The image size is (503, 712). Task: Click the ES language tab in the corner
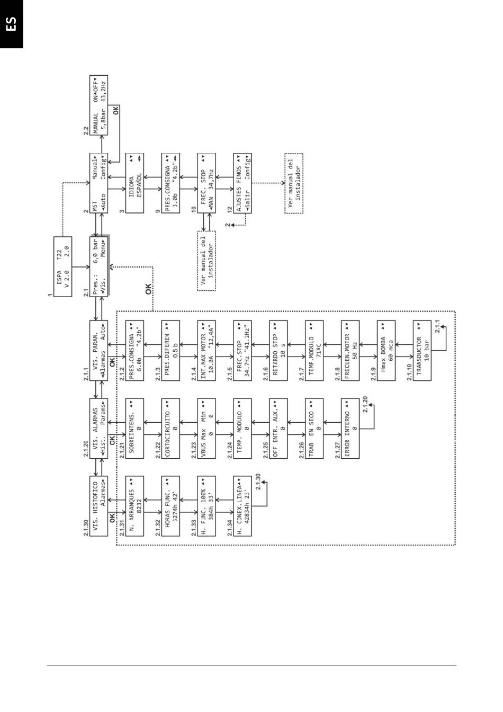pyautogui.click(x=11, y=23)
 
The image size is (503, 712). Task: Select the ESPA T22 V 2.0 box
pyautogui.click(x=62, y=272)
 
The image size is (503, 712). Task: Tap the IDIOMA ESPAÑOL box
pyautogui.click(x=135, y=183)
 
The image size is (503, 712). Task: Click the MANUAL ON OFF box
pyautogui.click(x=99, y=106)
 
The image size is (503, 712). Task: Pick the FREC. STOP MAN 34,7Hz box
pyautogui.click(x=206, y=183)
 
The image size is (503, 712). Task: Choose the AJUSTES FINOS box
pyautogui.click(x=242, y=183)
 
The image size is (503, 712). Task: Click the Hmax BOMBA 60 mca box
pyautogui.click(x=386, y=350)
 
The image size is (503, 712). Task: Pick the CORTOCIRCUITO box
pyautogui.click(x=170, y=428)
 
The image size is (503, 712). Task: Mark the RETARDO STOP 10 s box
pyautogui.click(x=279, y=350)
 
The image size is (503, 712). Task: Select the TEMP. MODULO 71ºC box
pyautogui.click(x=315, y=350)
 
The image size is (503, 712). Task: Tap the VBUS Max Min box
pyautogui.click(x=206, y=428)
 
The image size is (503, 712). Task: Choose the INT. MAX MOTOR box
pyautogui.click(x=206, y=350)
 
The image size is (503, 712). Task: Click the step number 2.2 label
pyautogui.click(x=86, y=130)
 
